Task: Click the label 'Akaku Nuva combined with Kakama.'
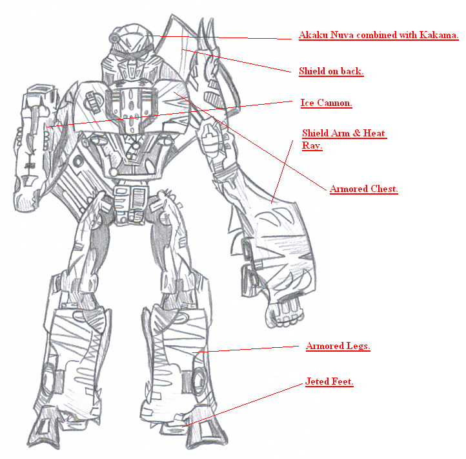(x=379, y=35)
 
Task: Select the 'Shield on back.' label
(x=331, y=71)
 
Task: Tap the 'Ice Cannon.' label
(x=327, y=103)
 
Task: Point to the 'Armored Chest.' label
(x=364, y=189)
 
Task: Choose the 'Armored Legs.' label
(x=338, y=346)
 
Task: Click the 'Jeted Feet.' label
(x=329, y=381)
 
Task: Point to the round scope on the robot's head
(x=114, y=37)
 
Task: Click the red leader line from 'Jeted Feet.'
(x=242, y=405)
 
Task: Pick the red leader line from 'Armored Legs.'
(x=245, y=349)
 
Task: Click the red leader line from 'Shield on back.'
(x=237, y=61)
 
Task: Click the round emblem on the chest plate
(x=93, y=101)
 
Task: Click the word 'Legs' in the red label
(x=358, y=346)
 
